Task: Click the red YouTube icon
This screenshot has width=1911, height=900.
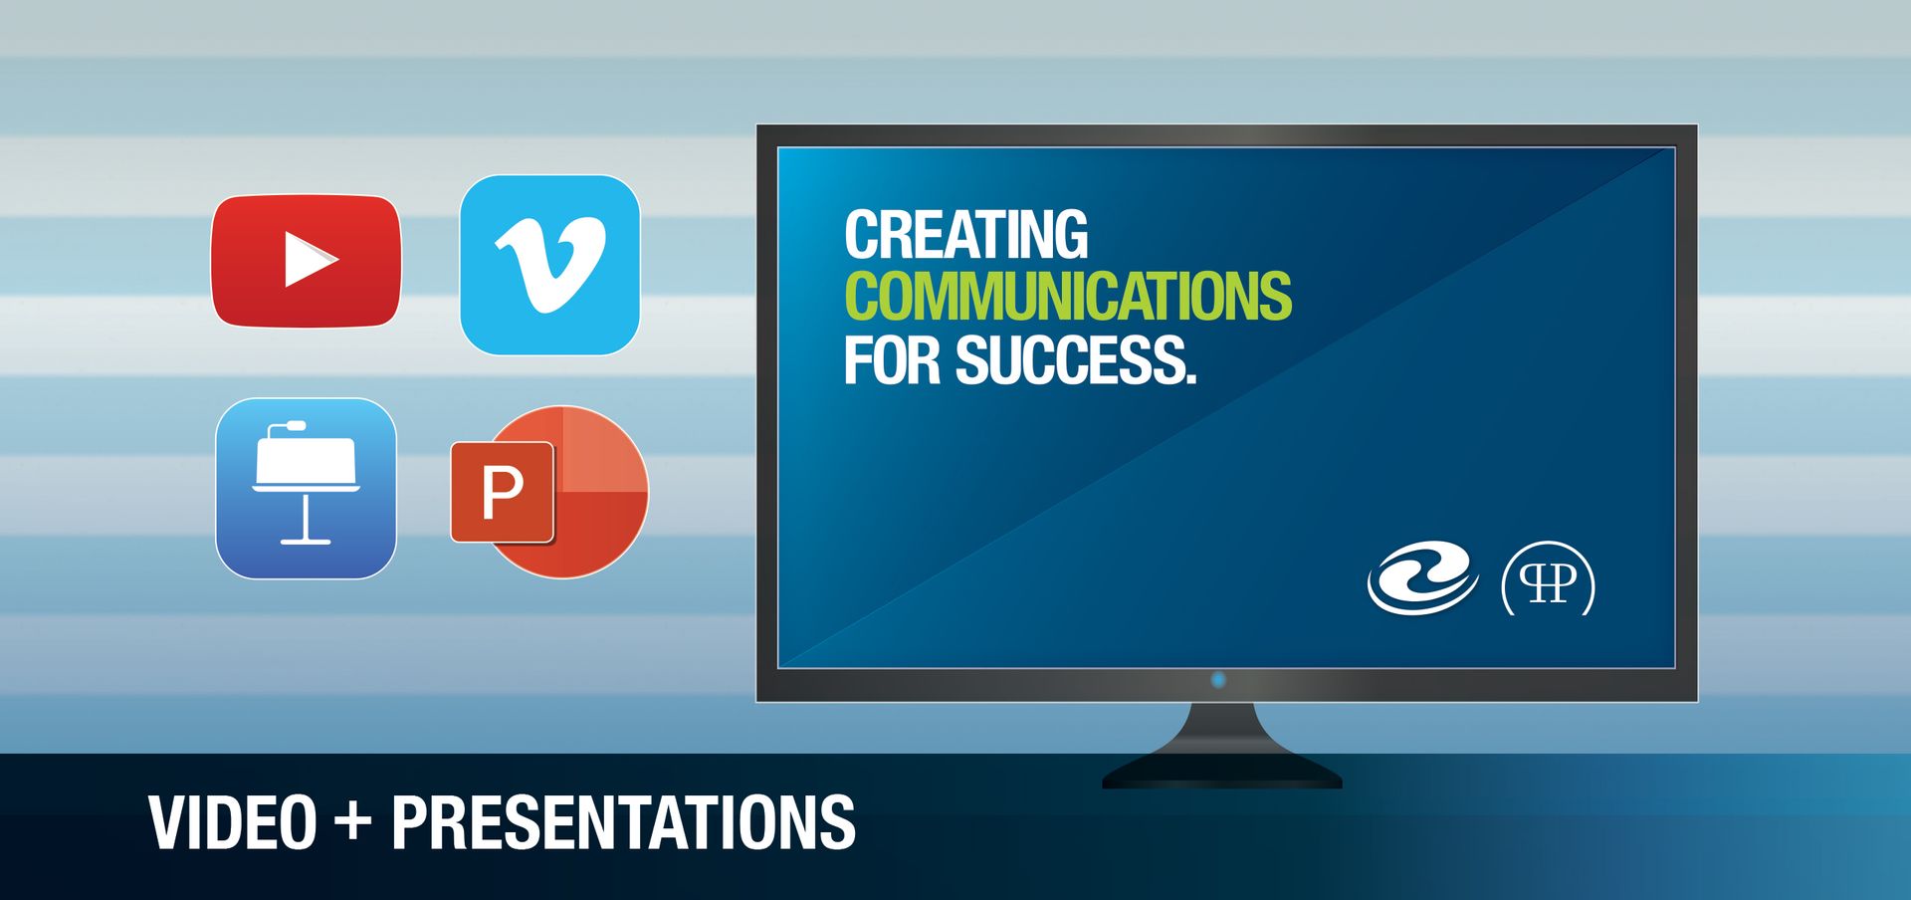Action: (307, 261)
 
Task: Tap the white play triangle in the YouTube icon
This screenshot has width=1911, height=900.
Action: (310, 260)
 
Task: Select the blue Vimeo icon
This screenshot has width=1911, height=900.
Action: (549, 265)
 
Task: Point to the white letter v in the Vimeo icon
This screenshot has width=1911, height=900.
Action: (550, 265)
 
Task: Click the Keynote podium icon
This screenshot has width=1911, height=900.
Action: (306, 489)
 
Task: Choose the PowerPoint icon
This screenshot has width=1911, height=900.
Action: (549, 491)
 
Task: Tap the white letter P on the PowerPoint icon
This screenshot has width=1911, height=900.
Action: (503, 492)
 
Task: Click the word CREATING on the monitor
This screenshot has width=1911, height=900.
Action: (965, 235)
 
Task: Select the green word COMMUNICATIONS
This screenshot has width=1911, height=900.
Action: (1068, 297)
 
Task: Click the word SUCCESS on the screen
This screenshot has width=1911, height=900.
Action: (1076, 359)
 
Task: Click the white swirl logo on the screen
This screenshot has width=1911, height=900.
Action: (1422, 579)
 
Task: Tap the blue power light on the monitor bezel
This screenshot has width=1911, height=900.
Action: (1218, 680)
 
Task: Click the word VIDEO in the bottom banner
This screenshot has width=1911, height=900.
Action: (233, 822)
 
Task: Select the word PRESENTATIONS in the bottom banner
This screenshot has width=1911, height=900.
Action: (623, 822)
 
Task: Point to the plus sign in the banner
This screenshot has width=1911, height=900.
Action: (353, 823)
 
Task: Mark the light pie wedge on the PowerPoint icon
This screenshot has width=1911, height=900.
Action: (604, 450)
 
